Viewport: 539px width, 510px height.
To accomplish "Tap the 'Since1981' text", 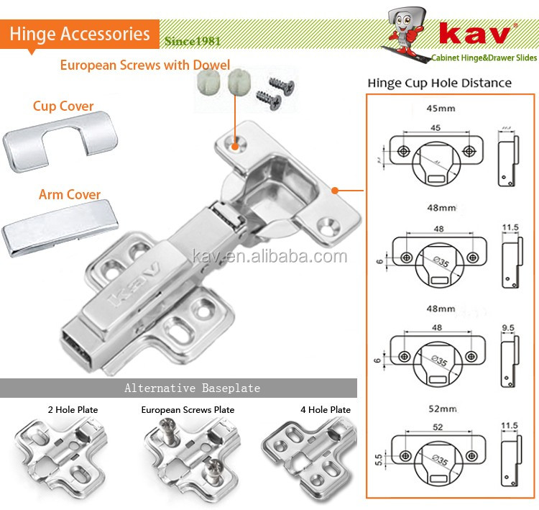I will (193, 41).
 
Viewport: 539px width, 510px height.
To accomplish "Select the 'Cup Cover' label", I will (63, 106).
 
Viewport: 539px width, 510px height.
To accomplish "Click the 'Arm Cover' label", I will (69, 195).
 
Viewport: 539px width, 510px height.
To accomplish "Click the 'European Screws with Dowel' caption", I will (135, 65).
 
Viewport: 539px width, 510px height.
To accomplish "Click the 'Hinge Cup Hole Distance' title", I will (439, 83).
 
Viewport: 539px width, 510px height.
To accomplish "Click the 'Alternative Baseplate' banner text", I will (192, 388).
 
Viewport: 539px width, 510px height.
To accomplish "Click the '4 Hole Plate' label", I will (326, 409).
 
